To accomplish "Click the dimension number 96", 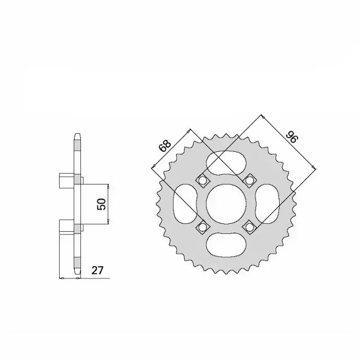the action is pos(291,137).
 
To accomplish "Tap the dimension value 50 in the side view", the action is pos(101,204).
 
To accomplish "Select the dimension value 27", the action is pos(97,271).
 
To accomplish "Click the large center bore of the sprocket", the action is pos(226,204).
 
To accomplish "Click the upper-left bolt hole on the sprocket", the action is pos(202,181).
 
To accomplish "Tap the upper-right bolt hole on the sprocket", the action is pos(249,181).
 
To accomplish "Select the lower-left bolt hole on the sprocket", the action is pos(202,227).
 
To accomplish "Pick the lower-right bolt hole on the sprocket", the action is pos(249,227).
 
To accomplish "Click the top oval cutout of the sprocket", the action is pos(226,164).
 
